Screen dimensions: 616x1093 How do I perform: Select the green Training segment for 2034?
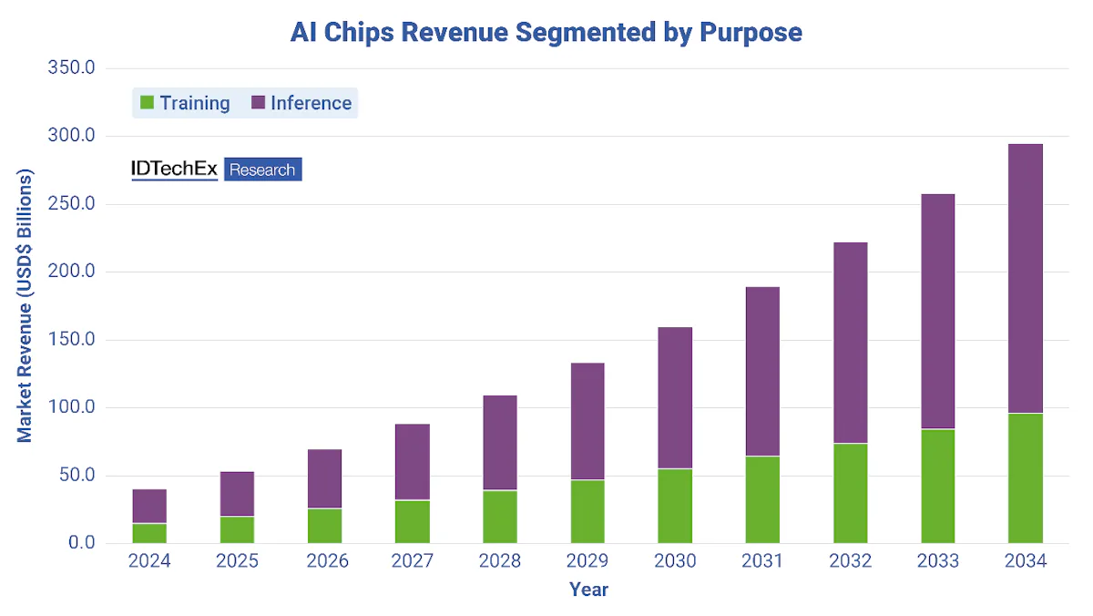coord(1025,478)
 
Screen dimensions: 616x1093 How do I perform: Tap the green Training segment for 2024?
coord(149,533)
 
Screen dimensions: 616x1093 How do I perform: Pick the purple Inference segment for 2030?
coord(675,397)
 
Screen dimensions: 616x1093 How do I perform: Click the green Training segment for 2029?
coord(587,511)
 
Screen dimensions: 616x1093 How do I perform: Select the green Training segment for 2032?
coord(850,493)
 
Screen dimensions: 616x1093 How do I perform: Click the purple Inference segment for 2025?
coord(237,494)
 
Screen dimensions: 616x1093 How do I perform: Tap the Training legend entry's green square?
coord(147,103)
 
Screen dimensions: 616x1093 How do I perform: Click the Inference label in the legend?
coord(311,103)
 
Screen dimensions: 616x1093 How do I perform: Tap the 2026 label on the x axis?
coord(324,561)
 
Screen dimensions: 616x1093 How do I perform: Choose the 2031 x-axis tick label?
coord(762,561)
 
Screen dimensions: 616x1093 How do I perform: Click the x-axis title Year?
coord(588,590)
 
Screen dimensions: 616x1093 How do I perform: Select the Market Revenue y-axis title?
coord(25,305)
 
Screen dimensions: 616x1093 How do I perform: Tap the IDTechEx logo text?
coord(175,169)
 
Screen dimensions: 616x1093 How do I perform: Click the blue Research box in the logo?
coord(262,169)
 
